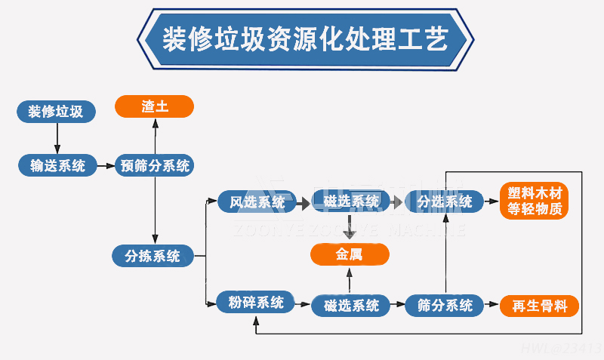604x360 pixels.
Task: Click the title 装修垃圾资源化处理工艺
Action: click(305, 38)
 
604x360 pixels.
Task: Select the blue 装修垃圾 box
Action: click(57, 112)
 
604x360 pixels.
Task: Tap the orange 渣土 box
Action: click(155, 106)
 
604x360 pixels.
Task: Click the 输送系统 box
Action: click(58, 165)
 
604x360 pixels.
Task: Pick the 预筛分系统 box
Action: click(155, 165)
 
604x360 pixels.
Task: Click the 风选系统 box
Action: click(257, 202)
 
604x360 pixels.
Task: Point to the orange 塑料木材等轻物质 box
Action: click(535, 202)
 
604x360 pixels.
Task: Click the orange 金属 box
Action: click(350, 255)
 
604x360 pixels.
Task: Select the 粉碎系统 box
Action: click(256, 303)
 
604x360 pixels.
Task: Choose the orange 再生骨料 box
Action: click(539, 306)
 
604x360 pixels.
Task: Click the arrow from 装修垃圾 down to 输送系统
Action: click(57, 138)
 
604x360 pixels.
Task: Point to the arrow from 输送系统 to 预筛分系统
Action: click(106, 166)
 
